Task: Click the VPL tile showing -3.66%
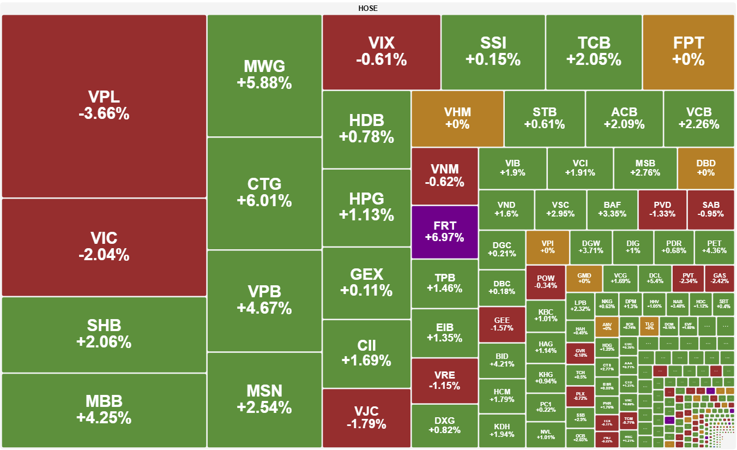tap(104, 106)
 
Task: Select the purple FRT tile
tap(444, 231)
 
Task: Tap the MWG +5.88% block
tap(264, 75)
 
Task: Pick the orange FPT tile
tap(688, 51)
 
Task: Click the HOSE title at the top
tap(368, 8)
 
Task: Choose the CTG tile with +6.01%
tap(264, 193)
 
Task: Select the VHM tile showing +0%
tap(457, 118)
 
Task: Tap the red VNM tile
tap(444, 176)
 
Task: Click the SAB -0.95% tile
tap(710, 209)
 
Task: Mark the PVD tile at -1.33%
tap(662, 209)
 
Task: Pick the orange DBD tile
tap(705, 168)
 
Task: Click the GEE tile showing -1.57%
tap(502, 325)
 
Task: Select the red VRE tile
tap(444, 380)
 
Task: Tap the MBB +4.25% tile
tap(104, 410)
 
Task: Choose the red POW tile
tap(545, 282)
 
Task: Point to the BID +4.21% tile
tap(502, 360)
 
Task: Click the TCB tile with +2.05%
tap(594, 51)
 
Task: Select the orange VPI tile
tap(547, 247)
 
